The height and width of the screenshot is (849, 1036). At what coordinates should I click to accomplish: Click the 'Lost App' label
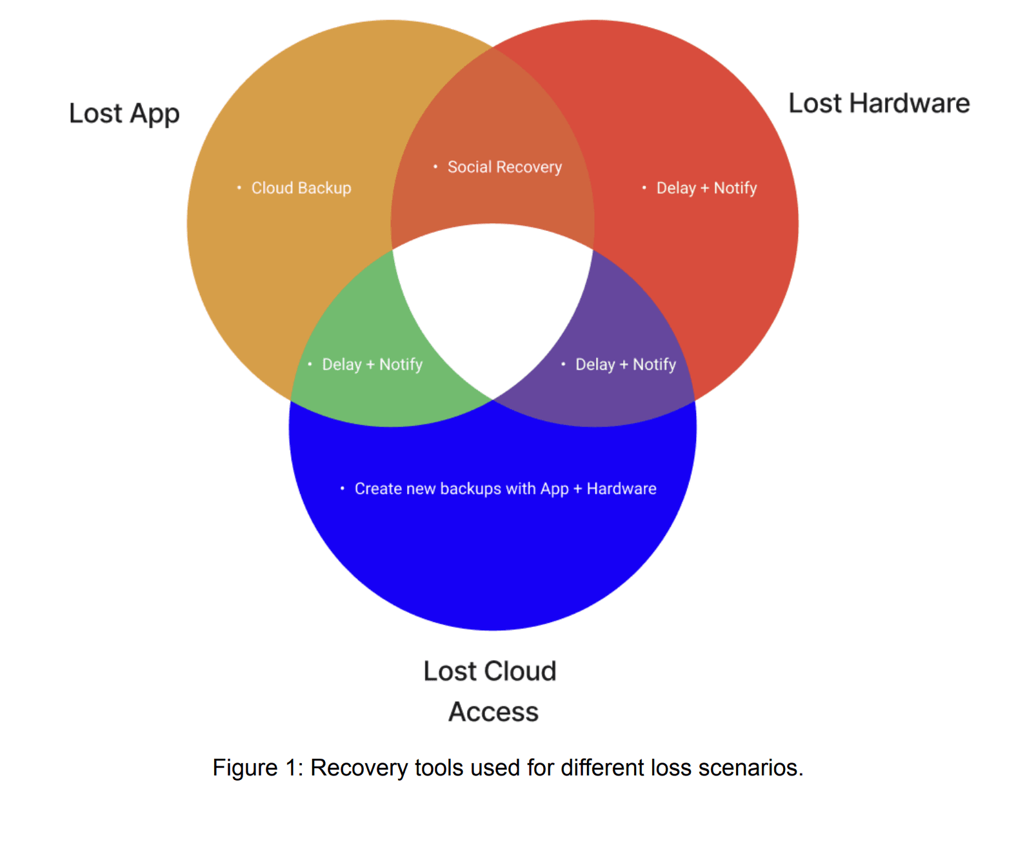(x=124, y=114)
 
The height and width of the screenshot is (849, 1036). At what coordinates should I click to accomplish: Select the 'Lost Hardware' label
(x=879, y=104)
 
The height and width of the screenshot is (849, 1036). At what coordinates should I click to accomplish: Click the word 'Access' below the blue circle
(x=493, y=712)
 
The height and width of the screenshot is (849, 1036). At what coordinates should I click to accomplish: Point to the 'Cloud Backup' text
(x=301, y=188)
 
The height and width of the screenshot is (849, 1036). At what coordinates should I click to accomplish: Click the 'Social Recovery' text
(x=504, y=168)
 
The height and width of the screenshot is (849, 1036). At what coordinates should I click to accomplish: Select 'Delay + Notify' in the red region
(x=706, y=188)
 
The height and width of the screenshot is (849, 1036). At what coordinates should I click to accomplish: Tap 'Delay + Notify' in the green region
(x=372, y=365)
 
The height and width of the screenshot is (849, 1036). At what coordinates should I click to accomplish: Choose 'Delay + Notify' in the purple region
(x=625, y=365)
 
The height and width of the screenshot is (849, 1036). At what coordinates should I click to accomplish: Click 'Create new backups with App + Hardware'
(x=505, y=489)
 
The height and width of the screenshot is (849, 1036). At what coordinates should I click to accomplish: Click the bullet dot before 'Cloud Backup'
(x=239, y=188)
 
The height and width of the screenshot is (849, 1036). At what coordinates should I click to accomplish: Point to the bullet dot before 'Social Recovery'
(x=435, y=167)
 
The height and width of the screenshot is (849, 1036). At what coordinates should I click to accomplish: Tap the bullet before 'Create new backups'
(x=343, y=488)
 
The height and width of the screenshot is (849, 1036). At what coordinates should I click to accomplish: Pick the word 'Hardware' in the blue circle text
(x=621, y=489)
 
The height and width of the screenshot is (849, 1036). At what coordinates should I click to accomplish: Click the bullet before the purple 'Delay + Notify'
(x=563, y=365)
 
